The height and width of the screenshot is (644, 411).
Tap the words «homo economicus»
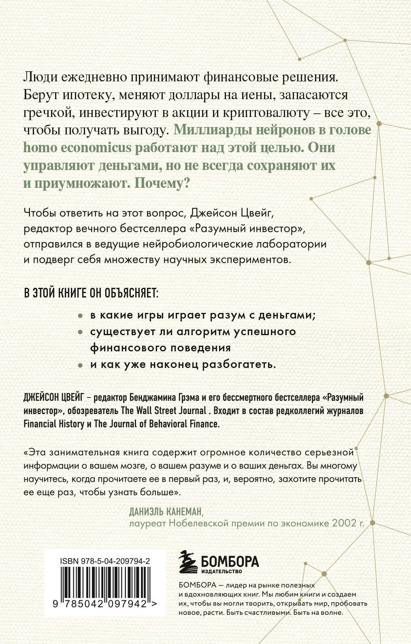tap(78, 148)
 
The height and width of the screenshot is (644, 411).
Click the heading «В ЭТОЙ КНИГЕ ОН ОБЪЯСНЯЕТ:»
tap(92, 293)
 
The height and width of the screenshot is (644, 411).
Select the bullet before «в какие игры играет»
tap(81, 315)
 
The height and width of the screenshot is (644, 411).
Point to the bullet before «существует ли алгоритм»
tap(81, 332)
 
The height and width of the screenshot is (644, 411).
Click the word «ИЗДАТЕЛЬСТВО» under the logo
tap(221, 572)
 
